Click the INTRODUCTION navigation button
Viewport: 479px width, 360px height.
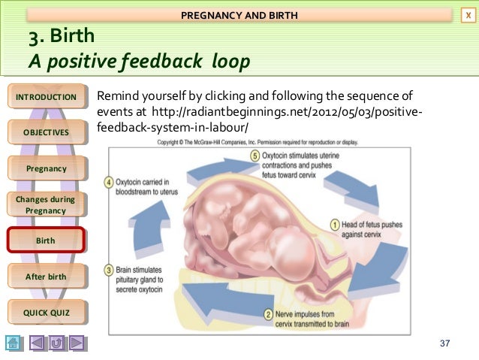tap(46, 97)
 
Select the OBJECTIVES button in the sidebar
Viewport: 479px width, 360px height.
tap(46, 133)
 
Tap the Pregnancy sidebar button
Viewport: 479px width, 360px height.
tap(46, 168)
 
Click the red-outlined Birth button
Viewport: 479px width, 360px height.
tap(46, 241)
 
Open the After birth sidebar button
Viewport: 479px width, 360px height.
tap(46, 277)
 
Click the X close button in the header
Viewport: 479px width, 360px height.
tap(469, 15)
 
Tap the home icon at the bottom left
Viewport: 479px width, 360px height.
tap(13, 343)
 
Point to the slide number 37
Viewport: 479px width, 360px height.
tap(445, 343)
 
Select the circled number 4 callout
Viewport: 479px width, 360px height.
tap(110, 182)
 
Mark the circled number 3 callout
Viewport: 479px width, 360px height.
tap(110, 268)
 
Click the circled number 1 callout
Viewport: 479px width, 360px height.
tap(334, 224)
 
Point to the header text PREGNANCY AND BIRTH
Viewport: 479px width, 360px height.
tap(239, 15)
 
